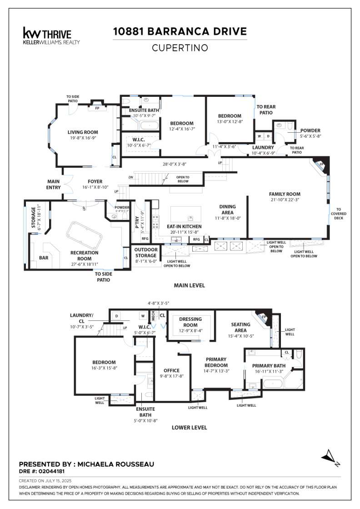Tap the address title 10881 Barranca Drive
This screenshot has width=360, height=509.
(180, 31)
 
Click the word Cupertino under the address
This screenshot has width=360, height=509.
(180, 47)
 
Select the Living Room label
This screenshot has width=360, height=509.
(83, 132)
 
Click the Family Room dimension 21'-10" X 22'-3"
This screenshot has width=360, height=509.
(285, 199)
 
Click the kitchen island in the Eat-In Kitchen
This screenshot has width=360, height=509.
(185, 213)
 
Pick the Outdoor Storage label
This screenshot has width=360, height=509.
(146, 252)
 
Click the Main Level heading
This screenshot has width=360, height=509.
(189, 285)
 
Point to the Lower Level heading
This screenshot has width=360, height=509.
(189, 427)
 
